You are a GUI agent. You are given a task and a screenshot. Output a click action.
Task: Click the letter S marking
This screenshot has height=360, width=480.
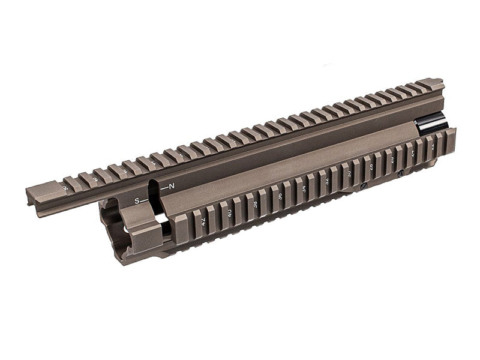pos(137,201)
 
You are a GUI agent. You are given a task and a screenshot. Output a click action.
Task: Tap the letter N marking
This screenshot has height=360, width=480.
pos(172,187)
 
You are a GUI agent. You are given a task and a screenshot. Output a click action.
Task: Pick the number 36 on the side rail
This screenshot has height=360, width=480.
pos(281,196)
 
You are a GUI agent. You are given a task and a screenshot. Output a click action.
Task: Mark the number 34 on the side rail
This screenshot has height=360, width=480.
pos(304,188)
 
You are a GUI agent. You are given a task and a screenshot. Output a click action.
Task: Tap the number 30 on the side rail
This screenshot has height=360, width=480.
pos(350,173)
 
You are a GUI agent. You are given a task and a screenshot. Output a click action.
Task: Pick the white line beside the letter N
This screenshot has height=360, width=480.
pos(164,188)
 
